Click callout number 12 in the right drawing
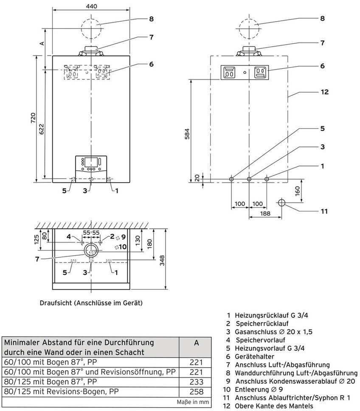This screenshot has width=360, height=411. click(x=324, y=92)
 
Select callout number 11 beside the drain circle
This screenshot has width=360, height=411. click(x=324, y=211)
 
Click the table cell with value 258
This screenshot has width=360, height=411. click(x=196, y=391)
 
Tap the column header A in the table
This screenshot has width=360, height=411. click(x=196, y=343)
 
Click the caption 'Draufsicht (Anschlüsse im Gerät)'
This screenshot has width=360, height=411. click(x=91, y=303)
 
